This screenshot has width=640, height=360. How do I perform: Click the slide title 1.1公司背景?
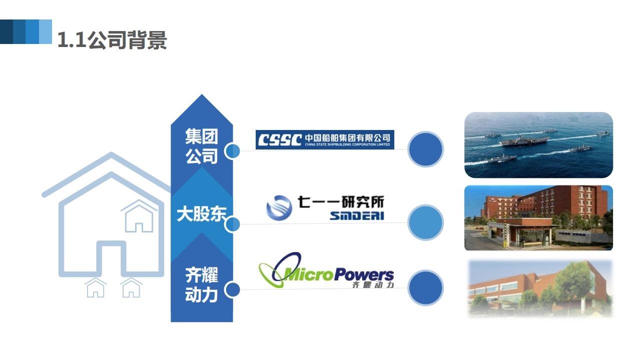click(112, 39)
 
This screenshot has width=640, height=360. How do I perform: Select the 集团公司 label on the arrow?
click(202, 146)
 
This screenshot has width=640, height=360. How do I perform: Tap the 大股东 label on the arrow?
click(202, 214)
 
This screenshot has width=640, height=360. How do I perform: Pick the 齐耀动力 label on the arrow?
click(202, 284)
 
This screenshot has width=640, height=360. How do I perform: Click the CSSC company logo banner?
click(325, 139)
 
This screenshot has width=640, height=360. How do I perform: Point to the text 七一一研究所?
click(341, 202)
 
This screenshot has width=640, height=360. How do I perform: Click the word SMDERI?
click(357, 216)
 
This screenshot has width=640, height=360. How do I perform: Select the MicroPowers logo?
click(326, 270)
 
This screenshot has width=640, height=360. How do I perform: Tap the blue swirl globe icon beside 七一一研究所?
click(279, 208)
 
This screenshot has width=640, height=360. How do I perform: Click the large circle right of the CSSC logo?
click(425, 149)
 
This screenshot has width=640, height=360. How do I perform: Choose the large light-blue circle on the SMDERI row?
click(425, 222)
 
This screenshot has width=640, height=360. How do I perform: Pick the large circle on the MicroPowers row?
click(425, 288)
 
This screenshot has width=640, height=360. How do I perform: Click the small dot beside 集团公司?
click(232, 151)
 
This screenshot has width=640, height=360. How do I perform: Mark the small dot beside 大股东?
click(232, 224)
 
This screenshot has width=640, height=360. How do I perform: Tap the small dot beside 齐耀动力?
click(232, 289)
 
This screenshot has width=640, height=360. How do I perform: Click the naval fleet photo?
click(538, 145)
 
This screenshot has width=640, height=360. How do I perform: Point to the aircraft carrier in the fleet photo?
click(524, 141)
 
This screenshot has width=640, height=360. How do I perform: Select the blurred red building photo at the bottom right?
click(540, 288)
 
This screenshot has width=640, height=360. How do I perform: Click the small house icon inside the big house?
click(139, 216)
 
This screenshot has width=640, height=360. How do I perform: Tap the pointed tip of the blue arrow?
click(202, 95)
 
